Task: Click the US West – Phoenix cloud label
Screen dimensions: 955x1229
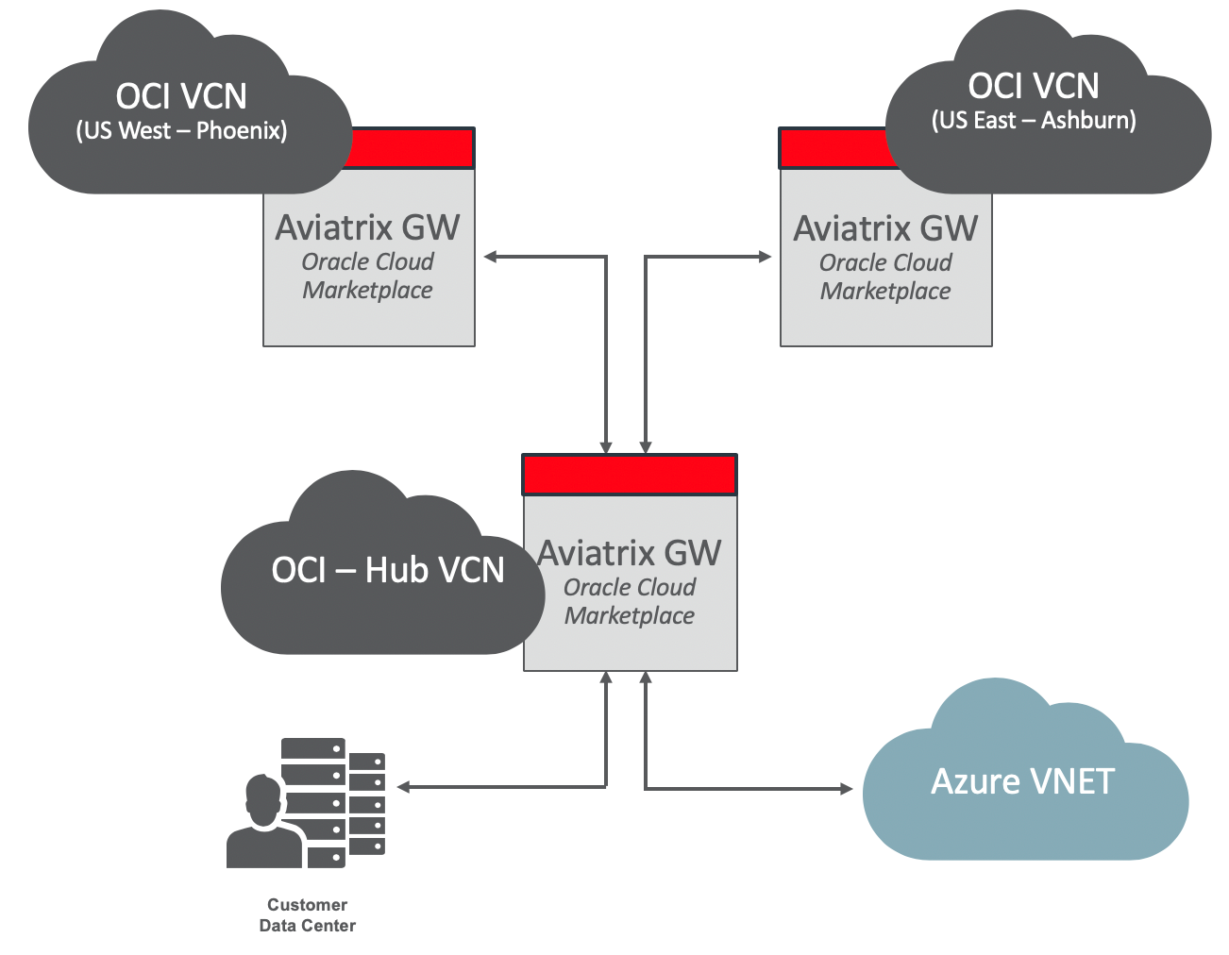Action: pyautogui.click(x=181, y=130)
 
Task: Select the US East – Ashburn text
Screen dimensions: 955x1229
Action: pyautogui.click(x=1034, y=121)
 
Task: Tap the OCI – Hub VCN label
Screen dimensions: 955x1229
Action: pyautogui.click(x=387, y=570)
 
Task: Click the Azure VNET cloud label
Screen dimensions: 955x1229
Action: pyautogui.click(x=1022, y=781)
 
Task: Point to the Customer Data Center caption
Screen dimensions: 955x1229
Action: pyautogui.click(x=308, y=915)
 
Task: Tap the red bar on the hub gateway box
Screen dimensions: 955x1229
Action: pyautogui.click(x=630, y=475)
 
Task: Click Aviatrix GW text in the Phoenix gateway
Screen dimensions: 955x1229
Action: pyautogui.click(x=367, y=227)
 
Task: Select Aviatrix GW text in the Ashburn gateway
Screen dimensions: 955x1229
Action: pyautogui.click(x=885, y=228)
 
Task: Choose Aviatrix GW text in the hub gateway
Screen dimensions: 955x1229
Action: pyautogui.click(x=630, y=553)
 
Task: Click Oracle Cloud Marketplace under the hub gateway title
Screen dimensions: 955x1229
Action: pyautogui.click(x=630, y=601)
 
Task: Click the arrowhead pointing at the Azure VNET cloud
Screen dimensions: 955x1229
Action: pyautogui.click(x=847, y=788)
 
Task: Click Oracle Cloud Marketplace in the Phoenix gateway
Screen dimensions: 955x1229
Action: pyautogui.click(x=367, y=276)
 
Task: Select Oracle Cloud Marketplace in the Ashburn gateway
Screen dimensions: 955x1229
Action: pyautogui.click(x=885, y=276)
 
